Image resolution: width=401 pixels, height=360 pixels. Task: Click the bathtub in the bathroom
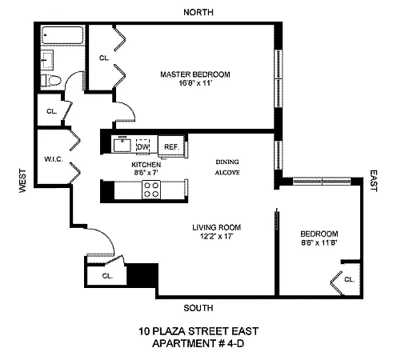tap(63, 35)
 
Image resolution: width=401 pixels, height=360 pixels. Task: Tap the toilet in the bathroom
tap(51, 81)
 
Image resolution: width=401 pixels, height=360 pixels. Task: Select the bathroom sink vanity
tap(47, 60)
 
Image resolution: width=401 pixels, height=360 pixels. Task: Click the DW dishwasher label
tap(142, 146)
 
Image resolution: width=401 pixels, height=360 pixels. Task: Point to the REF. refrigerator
tap(171, 146)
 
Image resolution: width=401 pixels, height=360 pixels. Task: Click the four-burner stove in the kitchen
tap(151, 190)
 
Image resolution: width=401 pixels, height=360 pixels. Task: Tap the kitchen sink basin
tap(122, 146)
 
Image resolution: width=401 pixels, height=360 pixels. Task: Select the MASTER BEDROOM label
tap(195, 74)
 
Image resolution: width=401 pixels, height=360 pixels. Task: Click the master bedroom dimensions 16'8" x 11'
tap(195, 83)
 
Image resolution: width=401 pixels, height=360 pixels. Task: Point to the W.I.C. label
tap(54, 159)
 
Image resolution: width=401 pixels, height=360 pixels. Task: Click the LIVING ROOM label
tap(216, 227)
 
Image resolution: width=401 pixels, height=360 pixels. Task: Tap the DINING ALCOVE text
tap(227, 167)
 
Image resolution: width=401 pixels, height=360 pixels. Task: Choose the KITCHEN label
tap(146, 165)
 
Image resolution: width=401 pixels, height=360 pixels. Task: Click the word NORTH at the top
tap(198, 12)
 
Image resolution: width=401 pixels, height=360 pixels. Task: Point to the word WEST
tap(23, 180)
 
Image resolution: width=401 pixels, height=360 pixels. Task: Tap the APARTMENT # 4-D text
tap(198, 343)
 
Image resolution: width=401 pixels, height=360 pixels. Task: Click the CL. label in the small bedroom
tap(349, 279)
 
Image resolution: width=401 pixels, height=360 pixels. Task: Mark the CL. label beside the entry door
tap(107, 276)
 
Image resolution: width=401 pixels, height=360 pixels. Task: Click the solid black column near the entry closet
tap(142, 275)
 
